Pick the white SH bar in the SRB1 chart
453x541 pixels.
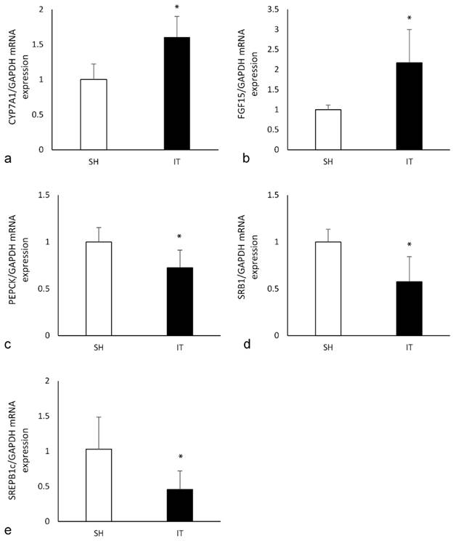point(328,288)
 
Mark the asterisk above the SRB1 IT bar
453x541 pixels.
point(409,246)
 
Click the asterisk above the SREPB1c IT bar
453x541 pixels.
point(180,458)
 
